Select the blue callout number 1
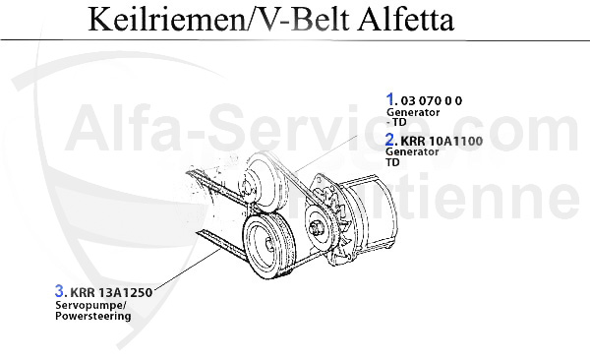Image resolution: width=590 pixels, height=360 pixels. [x=390, y=99]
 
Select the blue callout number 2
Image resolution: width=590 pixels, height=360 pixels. [x=389, y=140]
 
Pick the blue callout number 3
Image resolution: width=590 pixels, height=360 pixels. [x=59, y=291]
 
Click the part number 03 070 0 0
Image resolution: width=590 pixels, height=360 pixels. [x=432, y=101]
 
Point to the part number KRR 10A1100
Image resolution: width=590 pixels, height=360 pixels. [x=442, y=142]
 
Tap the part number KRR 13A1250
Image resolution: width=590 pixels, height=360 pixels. [x=111, y=292]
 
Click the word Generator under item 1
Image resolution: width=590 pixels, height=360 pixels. [x=413, y=112]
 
